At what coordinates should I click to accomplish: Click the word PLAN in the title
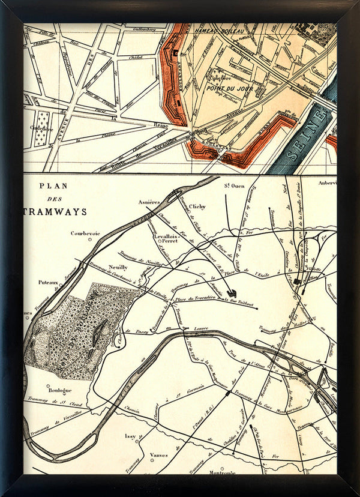coord(53,186)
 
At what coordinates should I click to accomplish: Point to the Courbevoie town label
coord(84,233)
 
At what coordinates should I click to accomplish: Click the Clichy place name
coord(197,206)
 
